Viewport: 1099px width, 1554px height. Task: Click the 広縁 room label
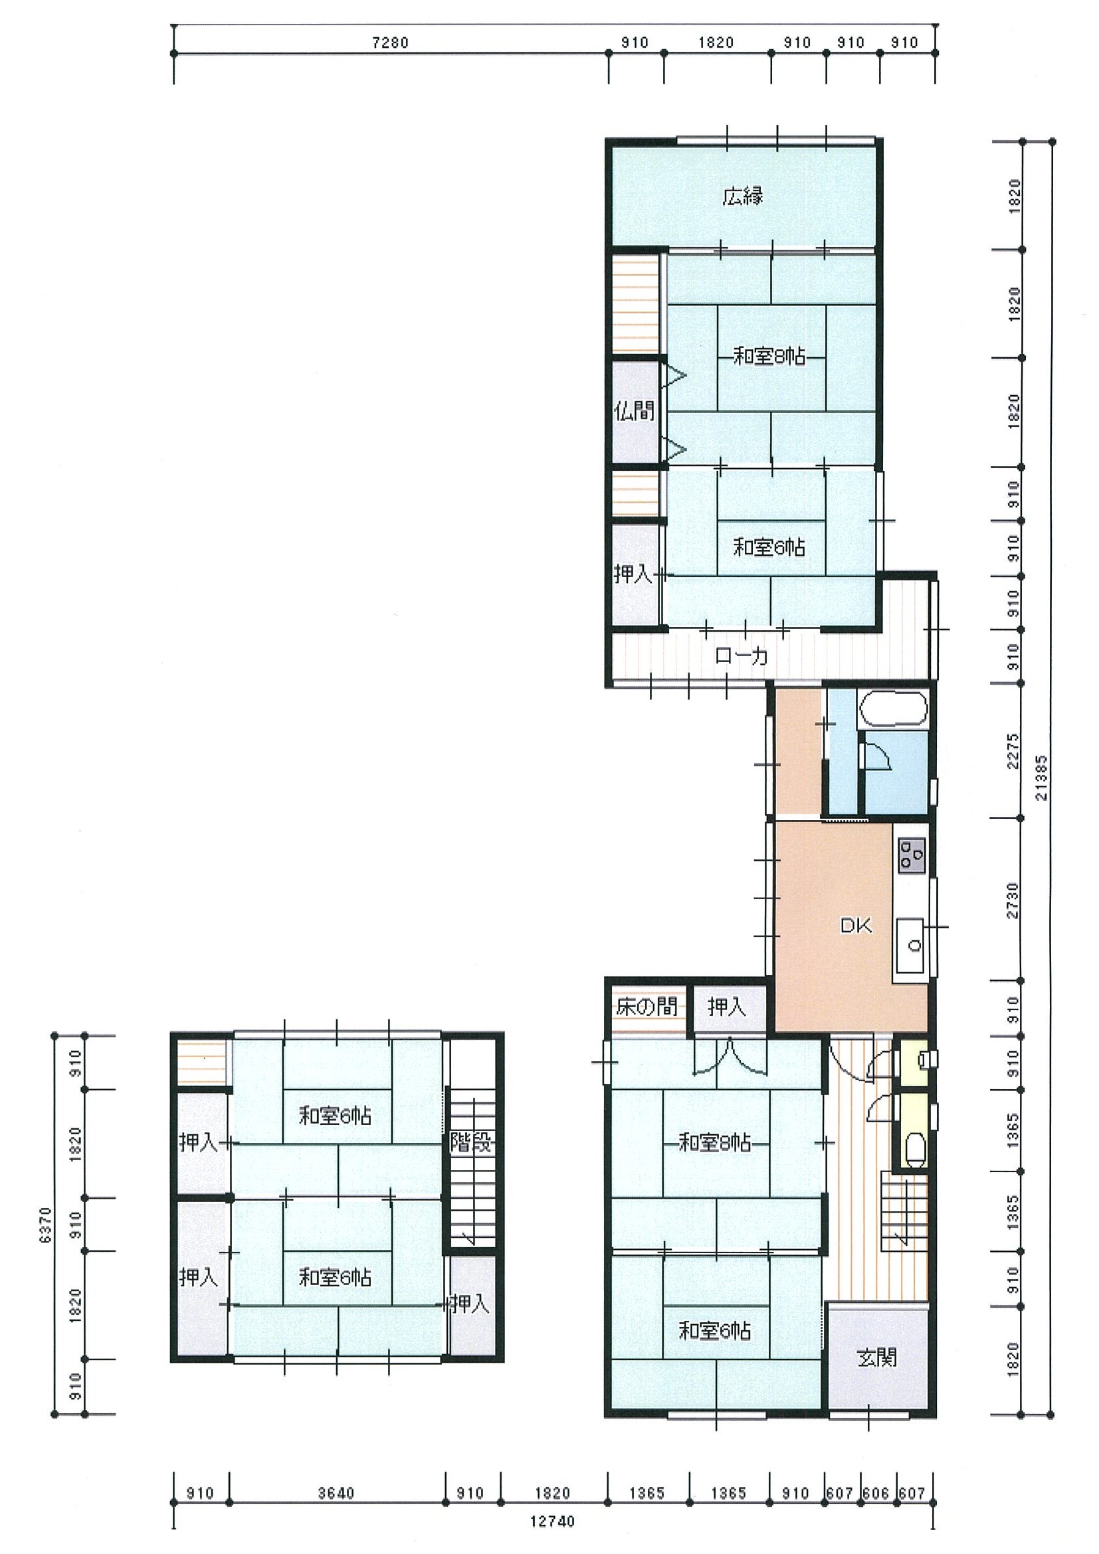tap(743, 197)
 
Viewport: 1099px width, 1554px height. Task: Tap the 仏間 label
tap(635, 411)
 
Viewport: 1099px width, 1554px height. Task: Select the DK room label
tap(856, 925)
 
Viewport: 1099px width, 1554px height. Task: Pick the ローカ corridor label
tap(742, 655)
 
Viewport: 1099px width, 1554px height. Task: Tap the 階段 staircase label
tap(472, 1143)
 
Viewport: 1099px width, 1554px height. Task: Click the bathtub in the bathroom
tap(893, 709)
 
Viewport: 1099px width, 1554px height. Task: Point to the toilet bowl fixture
tap(915, 1146)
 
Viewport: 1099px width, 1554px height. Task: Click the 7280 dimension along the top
tap(391, 43)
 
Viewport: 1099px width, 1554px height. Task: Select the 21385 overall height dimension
tap(1041, 778)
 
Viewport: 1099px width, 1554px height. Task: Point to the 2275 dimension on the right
tap(1013, 750)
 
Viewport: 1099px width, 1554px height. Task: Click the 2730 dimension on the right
tap(1013, 900)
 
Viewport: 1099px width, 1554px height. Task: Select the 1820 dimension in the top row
tap(716, 43)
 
